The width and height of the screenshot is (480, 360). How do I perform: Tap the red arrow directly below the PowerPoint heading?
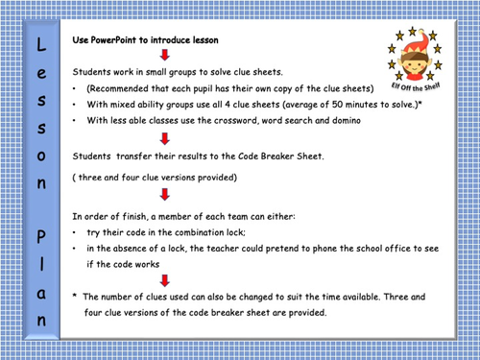[138, 56]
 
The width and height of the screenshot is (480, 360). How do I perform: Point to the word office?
[398, 249]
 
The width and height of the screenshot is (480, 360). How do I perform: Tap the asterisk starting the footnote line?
[75, 297]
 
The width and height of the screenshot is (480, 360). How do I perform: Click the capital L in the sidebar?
[38, 44]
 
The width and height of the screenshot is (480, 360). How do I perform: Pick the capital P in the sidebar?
[38, 236]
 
